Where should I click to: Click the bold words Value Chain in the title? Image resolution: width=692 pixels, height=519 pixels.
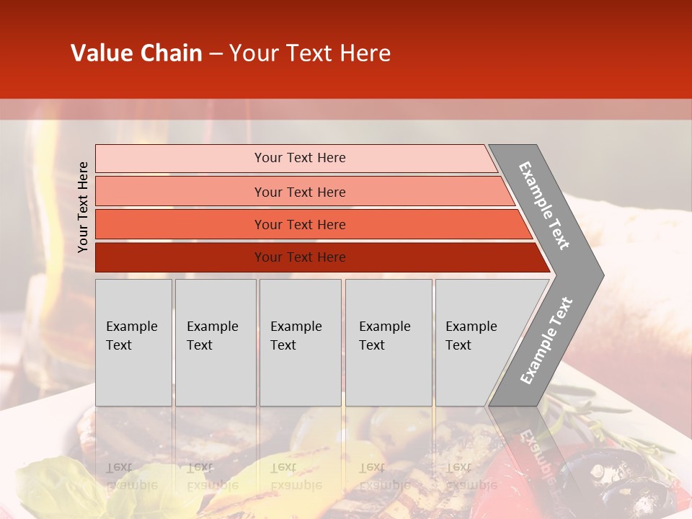click(x=136, y=53)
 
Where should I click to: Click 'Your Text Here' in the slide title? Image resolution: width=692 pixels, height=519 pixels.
click(x=310, y=53)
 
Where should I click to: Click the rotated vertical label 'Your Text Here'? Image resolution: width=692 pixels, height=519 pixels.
click(x=83, y=207)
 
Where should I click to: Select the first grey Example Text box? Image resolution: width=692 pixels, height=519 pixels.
click(x=133, y=342)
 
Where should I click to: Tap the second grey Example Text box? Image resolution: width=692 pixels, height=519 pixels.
click(x=216, y=342)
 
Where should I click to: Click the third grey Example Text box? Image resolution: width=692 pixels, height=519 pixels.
click(x=300, y=342)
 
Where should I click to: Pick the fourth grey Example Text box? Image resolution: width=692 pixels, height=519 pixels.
click(x=389, y=342)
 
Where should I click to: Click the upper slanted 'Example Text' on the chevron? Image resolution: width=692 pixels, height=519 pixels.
click(x=544, y=205)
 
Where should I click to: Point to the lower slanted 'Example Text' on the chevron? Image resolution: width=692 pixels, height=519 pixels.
click(x=546, y=341)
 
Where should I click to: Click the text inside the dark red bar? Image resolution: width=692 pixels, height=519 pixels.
click(x=300, y=257)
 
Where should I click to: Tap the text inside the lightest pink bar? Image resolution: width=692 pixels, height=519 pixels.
click(x=300, y=158)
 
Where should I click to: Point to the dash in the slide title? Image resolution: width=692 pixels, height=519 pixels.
click(x=216, y=54)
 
